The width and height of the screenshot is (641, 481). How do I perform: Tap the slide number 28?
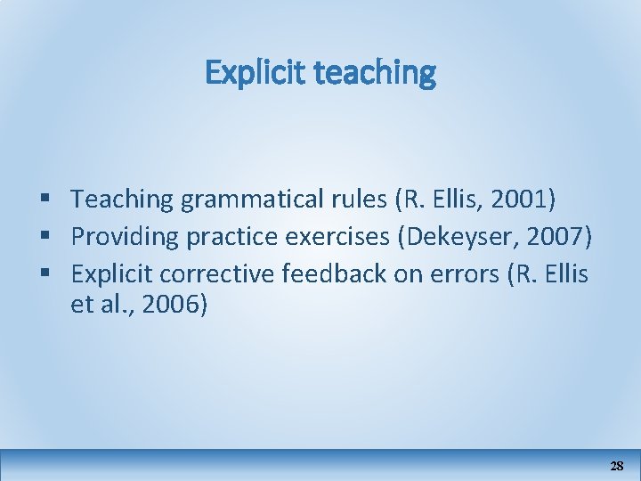(x=616, y=466)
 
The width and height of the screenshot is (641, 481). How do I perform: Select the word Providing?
(x=118, y=237)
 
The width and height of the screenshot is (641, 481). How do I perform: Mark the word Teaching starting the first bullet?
(x=122, y=200)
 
